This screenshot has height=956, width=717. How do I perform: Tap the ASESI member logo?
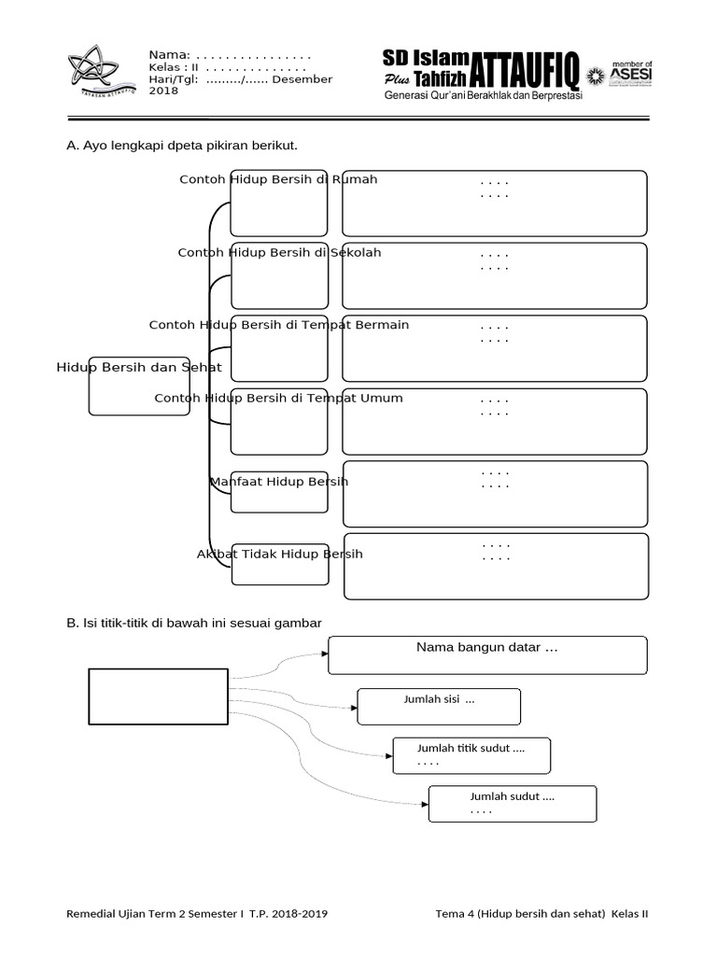[631, 74]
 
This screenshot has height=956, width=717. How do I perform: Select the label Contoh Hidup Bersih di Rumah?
[278, 179]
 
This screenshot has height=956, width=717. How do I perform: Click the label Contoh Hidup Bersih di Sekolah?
[279, 253]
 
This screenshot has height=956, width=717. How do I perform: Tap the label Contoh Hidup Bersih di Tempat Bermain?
[278, 325]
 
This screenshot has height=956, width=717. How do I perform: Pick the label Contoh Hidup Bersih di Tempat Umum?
[278, 398]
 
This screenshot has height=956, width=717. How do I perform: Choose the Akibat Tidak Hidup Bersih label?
[279, 554]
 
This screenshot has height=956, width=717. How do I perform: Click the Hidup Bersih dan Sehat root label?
[139, 368]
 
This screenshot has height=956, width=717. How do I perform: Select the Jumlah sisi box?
[439, 707]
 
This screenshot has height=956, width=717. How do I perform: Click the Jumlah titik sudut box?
[471, 755]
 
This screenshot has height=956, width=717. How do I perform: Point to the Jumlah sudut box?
[512, 804]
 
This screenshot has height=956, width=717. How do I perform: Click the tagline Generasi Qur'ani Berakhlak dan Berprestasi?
[483, 97]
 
